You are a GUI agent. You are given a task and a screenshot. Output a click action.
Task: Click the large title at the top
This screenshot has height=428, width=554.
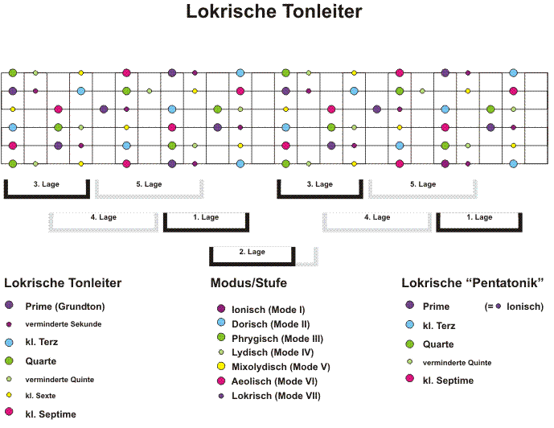(274, 11)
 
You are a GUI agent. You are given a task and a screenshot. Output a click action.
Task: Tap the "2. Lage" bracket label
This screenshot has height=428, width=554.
(252, 252)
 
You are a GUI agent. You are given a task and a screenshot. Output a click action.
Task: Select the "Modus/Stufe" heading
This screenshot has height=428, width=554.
(248, 282)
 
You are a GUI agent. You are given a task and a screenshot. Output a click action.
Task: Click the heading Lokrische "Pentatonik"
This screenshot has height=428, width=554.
(472, 282)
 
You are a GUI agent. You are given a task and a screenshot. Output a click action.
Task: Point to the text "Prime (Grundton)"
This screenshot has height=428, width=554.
(65, 307)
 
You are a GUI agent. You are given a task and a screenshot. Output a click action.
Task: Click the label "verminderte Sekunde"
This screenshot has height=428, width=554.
(64, 324)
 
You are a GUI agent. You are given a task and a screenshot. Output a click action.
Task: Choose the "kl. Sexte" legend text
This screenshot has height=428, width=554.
(40, 396)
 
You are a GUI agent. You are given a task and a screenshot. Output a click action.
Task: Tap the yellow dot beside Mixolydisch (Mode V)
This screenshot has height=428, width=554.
(221, 366)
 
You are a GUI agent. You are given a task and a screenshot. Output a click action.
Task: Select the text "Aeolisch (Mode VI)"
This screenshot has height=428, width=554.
(274, 381)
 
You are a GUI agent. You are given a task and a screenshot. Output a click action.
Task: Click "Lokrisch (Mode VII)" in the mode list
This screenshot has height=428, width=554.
(276, 396)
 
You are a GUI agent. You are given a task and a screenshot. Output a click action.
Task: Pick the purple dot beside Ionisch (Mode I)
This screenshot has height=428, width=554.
(221, 309)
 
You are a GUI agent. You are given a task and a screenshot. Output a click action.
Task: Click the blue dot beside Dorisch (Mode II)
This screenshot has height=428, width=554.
(221, 322)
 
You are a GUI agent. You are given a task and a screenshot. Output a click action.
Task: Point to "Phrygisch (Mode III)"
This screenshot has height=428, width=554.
(277, 339)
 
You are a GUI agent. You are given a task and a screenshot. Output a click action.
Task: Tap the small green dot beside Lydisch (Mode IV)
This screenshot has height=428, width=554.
(221, 352)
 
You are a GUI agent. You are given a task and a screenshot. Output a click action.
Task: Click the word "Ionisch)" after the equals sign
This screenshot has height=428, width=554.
(525, 307)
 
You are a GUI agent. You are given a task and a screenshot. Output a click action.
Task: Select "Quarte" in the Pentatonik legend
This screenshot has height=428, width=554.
(438, 344)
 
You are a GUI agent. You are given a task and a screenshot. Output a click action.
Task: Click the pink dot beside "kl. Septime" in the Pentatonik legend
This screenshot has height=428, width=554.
(410, 378)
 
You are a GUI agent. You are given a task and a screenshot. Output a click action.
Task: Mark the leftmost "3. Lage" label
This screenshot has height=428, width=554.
(47, 184)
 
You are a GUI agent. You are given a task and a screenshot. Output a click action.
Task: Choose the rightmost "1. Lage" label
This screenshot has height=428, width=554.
(479, 217)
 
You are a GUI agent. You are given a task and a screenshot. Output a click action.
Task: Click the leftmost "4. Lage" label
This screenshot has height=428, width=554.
(103, 217)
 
